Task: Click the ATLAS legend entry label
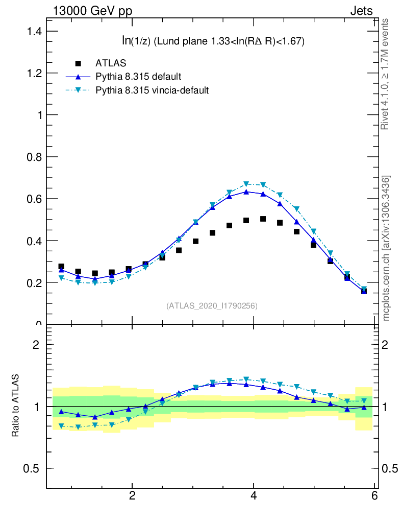tap(111, 63)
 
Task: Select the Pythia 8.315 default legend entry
tap(138, 77)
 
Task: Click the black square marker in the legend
tap(78, 63)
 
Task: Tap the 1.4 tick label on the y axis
tap(33, 32)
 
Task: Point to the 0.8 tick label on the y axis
tap(33, 157)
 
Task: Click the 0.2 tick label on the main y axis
tap(33, 282)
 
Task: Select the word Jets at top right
tap(361, 11)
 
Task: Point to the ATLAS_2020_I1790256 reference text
tap(212, 306)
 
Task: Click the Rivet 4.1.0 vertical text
tap(386, 74)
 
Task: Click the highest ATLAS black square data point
tap(263, 219)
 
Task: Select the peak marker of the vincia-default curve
tap(246, 184)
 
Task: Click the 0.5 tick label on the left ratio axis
tap(33, 468)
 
